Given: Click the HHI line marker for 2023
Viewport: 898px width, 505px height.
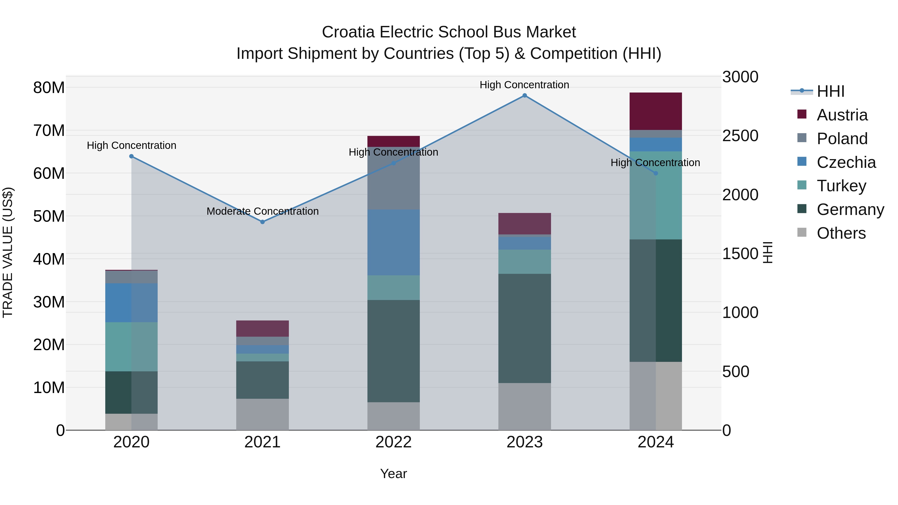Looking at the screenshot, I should [524, 96].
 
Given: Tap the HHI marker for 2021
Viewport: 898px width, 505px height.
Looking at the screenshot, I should [262, 222].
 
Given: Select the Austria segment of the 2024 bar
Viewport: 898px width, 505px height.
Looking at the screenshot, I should [655, 111].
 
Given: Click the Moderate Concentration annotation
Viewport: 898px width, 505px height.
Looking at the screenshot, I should [262, 211].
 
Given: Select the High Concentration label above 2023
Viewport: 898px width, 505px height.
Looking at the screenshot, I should [524, 85].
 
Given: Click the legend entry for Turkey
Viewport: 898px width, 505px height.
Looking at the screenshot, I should [841, 186].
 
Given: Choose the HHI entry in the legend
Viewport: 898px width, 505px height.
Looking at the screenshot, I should [830, 91].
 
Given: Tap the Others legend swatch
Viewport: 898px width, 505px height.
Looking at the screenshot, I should [802, 232].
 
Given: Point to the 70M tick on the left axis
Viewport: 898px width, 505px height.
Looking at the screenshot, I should [49, 131].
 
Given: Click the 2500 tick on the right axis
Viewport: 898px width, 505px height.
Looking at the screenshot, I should [740, 136].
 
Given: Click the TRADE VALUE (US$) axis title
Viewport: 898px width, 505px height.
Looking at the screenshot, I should [8, 252].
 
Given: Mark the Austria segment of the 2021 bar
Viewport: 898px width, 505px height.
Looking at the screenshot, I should [262, 328].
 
